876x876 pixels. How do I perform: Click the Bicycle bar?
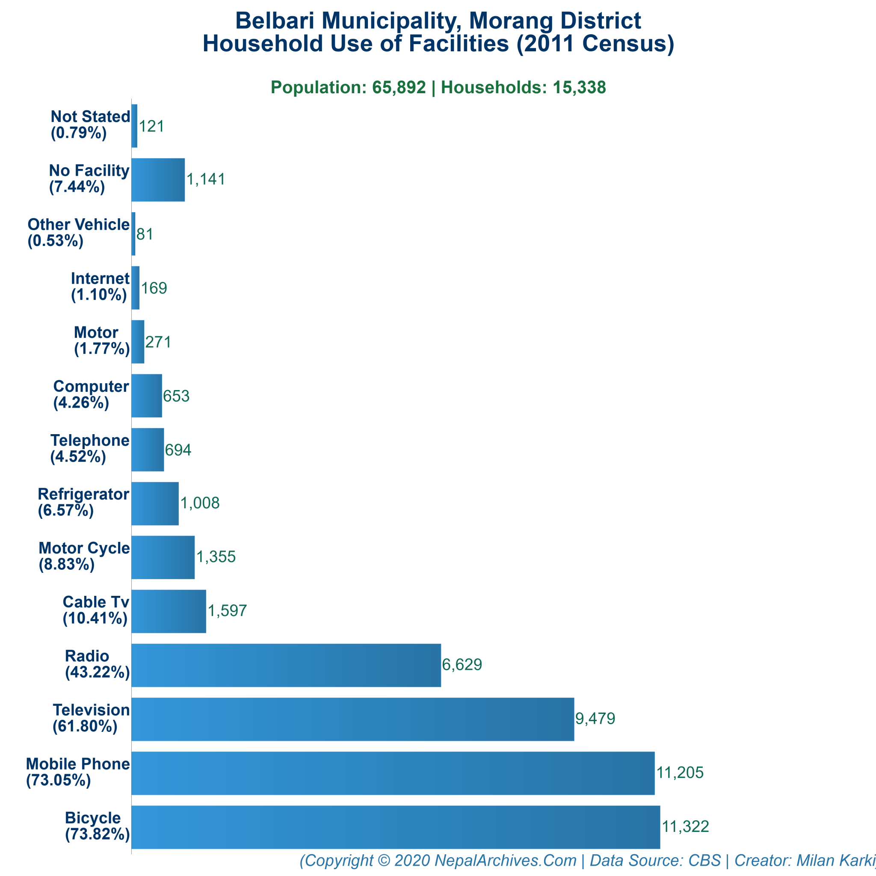395,827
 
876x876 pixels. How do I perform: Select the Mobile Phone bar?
393,773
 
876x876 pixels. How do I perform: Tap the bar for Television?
352,719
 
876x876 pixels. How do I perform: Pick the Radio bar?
286,665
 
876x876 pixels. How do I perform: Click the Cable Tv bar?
169,611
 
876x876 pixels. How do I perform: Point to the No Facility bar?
158,180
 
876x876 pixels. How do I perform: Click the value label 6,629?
462,665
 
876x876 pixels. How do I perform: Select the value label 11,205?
680,772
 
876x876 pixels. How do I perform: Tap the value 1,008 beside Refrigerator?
200,503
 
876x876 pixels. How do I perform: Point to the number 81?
145,234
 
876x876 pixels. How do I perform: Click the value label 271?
158,342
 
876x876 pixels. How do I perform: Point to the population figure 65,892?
399,87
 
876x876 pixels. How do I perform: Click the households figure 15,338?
579,87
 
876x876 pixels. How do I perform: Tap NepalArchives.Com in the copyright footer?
505,860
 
